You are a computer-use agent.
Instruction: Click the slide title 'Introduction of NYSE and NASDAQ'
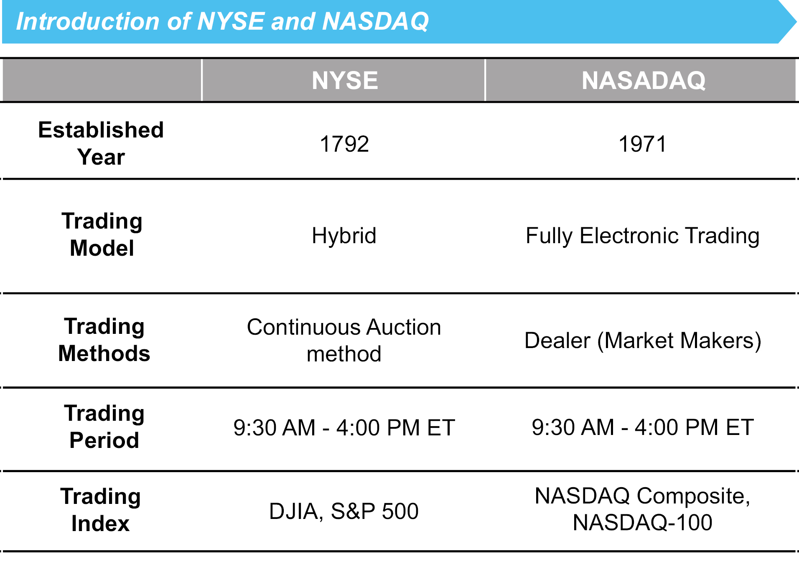coord(222,21)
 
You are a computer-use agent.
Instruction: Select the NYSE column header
coord(345,80)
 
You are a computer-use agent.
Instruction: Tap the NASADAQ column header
coord(644,80)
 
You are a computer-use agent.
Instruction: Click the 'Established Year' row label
coord(101,143)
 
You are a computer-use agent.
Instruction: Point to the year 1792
coord(344,144)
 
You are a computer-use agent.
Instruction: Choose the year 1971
coord(643,144)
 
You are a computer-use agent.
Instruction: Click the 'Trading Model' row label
coord(102,234)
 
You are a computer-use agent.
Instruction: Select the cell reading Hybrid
coord(344,236)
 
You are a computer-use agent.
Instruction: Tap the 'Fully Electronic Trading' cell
coord(643,236)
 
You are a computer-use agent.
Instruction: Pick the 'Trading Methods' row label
coord(104,340)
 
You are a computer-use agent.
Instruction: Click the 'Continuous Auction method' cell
coord(344,340)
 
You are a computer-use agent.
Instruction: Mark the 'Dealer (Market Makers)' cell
coord(643,341)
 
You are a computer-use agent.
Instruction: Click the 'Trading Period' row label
coord(104,427)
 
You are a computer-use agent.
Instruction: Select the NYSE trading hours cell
coord(344,427)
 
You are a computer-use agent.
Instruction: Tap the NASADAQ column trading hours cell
coord(643,427)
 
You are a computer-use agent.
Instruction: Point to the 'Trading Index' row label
coord(101,510)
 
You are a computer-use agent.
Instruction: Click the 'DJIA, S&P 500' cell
coord(344,511)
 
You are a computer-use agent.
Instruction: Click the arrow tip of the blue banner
coord(796,22)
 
